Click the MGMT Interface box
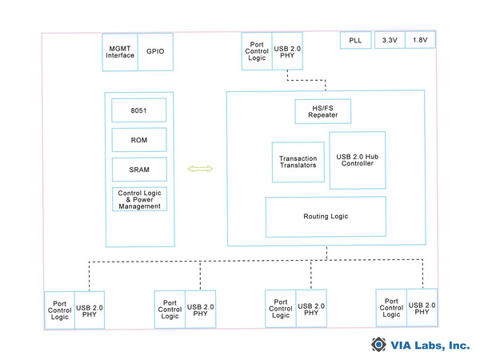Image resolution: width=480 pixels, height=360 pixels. tap(119, 50)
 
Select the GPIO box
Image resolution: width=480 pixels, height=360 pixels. tap(155, 50)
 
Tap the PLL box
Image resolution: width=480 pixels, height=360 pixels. tap(355, 39)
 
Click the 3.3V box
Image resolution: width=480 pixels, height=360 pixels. tap(388, 39)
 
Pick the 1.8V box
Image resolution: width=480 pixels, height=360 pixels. tap(420, 39)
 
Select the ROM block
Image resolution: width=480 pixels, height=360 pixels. tap(140, 140)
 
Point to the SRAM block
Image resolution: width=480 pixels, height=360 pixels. tap(140, 170)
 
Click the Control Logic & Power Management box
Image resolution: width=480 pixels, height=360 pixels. tap(140, 199)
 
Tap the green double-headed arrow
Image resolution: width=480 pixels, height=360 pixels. tap(199, 169)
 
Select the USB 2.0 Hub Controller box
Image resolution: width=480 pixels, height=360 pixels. tap(357, 160)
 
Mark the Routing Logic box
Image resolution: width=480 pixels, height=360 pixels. tap(326, 217)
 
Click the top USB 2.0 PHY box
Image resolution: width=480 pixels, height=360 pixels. tap(287, 50)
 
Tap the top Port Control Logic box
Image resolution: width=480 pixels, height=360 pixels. tap(256, 50)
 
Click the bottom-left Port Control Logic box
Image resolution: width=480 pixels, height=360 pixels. tap(59, 310)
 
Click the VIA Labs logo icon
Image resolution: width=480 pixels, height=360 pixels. tap(378, 345)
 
